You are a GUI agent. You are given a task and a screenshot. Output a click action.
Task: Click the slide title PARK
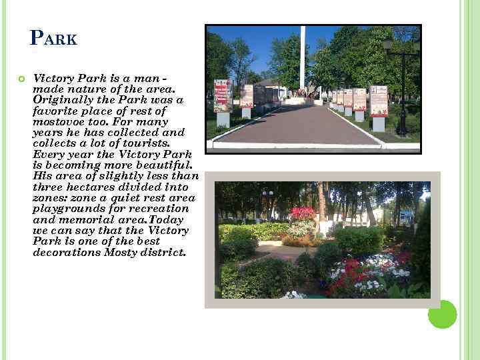(54, 38)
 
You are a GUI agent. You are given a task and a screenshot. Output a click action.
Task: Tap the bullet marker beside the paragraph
(21, 79)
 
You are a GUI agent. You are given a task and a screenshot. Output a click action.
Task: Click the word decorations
(66, 252)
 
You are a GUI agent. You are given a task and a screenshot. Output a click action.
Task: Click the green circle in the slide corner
(442, 314)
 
